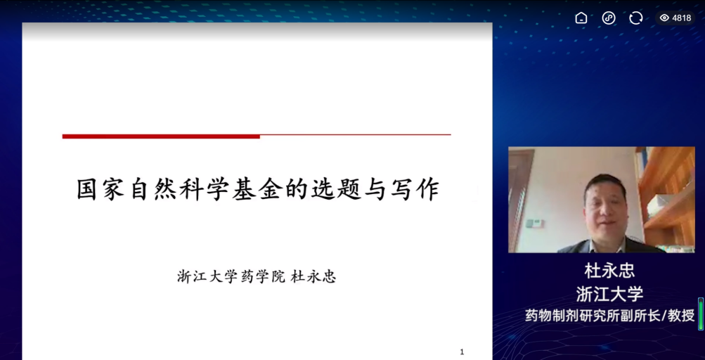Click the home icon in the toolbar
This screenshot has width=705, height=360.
coord(581,18)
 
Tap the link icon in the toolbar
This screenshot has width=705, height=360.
coord(608,18)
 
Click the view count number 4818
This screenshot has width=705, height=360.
coord(682,18)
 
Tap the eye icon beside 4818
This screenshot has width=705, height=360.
coord(664,18)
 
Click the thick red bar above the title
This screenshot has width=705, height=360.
coord(161,136)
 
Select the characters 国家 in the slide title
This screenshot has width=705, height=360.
coord(101,189)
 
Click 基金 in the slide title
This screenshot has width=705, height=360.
coord(257,189)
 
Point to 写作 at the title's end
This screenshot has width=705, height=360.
coord(414,189)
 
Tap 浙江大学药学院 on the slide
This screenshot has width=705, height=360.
coord(231,276)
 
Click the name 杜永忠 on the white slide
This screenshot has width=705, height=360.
coord(313,276)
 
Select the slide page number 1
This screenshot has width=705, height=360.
coord(462,352)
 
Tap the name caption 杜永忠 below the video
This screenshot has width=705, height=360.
coord(609,271)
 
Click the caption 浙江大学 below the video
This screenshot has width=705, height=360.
coord(609,295)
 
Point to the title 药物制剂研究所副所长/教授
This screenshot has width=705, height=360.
coord(609,316)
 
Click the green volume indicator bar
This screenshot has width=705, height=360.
coord(701,314)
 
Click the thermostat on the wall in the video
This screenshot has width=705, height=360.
coord(535,223)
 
